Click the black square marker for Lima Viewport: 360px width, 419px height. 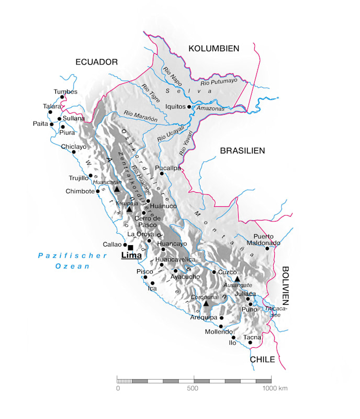click(x=130, y=247)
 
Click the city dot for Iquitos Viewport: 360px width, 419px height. click(x=190, y=106)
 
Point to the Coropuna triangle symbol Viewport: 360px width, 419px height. click(x=206, y=303)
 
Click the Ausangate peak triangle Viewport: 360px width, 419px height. click(x=237, y=279)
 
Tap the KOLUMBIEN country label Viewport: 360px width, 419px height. click(x=213, y=48)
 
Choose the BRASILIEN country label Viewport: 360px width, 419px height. click(x=242, y=150)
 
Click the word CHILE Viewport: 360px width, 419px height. click(x=262, y=359)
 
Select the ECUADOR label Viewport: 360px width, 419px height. click(x=97, y=62)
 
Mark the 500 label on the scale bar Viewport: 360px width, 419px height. click(x=194, y=388)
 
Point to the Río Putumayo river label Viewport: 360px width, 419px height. click(x=219, y=81)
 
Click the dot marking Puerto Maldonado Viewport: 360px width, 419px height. click(x=267, y=248)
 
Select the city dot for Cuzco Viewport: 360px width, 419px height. click(x=214, y=272)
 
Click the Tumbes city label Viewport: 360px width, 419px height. click(x=65, y=92)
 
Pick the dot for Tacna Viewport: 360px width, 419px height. click(x=251, y=343)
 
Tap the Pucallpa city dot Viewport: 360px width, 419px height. click(x=162, y=173)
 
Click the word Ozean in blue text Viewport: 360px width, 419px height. click(x=73, y=266)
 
